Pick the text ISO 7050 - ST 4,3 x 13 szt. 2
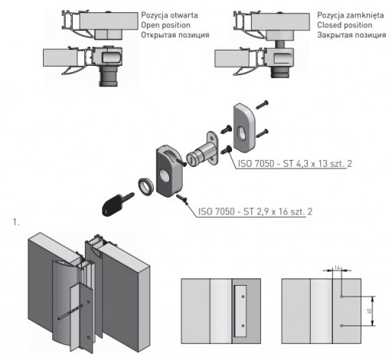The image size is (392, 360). (295, 164)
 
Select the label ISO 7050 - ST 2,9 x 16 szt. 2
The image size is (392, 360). (255, 211)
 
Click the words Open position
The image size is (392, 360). (165, 25)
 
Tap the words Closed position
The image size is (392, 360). (345, 25)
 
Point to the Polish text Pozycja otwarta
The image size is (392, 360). (169, 15)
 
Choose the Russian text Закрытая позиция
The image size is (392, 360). (351, 34)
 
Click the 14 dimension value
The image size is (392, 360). (337, 268)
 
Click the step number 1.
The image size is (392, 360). (16, 222)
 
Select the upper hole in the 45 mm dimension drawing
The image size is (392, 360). (341, 296)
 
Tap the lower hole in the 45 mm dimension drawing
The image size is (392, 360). (341, 326)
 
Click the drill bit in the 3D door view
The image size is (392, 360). (70, 312)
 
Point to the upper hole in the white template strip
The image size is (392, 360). (243, 296)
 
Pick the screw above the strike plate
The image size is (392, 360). (262, 105)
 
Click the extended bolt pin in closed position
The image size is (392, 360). (280, 44)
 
